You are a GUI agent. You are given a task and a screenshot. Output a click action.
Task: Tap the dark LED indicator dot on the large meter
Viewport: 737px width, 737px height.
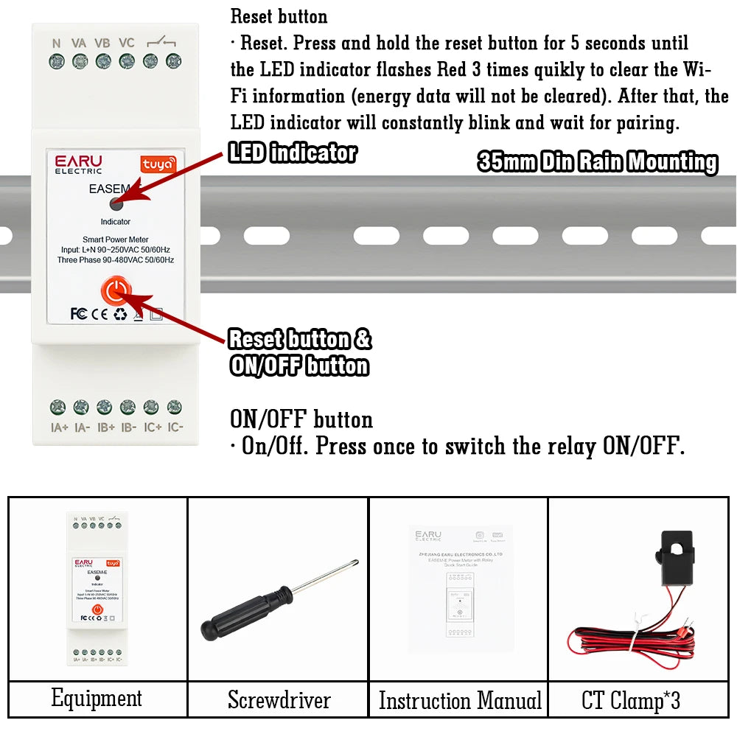(116, 204)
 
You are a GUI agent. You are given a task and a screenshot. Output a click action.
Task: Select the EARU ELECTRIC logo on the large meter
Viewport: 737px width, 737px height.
(78, 164)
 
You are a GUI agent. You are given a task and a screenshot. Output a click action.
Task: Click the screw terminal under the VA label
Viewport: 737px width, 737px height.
(80, 61)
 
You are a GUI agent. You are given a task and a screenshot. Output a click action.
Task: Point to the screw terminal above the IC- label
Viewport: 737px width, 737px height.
(175, 406)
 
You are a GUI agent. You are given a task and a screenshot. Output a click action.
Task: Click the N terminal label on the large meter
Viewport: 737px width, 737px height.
(56, 43)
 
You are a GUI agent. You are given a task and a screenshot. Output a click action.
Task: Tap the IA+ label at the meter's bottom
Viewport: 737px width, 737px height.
(58, 427)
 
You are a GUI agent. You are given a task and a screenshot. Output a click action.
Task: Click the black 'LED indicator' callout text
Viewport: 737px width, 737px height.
(292, 153)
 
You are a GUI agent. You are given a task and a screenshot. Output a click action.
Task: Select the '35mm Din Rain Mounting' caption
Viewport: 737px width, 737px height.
(597, 162)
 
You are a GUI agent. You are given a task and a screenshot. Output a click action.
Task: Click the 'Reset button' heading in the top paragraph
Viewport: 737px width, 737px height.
(279, 15)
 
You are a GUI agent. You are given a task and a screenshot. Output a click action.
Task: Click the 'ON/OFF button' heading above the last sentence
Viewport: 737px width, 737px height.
(301, 419)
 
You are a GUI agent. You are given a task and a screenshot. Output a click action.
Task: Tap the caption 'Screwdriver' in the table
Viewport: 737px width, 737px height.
(279, 699)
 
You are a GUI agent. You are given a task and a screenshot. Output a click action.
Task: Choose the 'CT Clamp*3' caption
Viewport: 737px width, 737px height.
(630, 700)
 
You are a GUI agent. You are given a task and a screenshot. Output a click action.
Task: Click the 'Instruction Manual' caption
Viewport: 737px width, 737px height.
(460, 700)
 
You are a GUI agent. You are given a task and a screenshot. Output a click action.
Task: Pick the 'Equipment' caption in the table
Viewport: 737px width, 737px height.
(97, 698)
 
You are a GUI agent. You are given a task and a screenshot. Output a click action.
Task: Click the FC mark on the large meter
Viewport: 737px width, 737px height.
(79, 314)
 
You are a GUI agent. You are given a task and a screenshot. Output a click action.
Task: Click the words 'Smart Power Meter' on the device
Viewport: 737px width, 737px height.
(116, 240)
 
